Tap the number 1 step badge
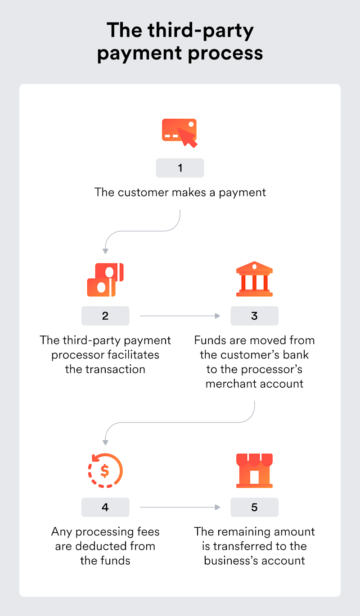(x=180, y=168)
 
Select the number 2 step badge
(x=105, y=316)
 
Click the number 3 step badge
(x=254, y=316)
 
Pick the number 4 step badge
(x=105, y=507)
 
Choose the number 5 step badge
(x=254, y=507)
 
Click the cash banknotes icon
(x=105, y=280)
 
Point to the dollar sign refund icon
(x=105, y=471)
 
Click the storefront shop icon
(x=254, y=471)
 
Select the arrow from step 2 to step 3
(x=180, y=316)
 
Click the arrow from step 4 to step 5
(x=180, y=507)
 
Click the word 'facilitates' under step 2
(x=133, y=355)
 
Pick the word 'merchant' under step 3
(x=229, y=384)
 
